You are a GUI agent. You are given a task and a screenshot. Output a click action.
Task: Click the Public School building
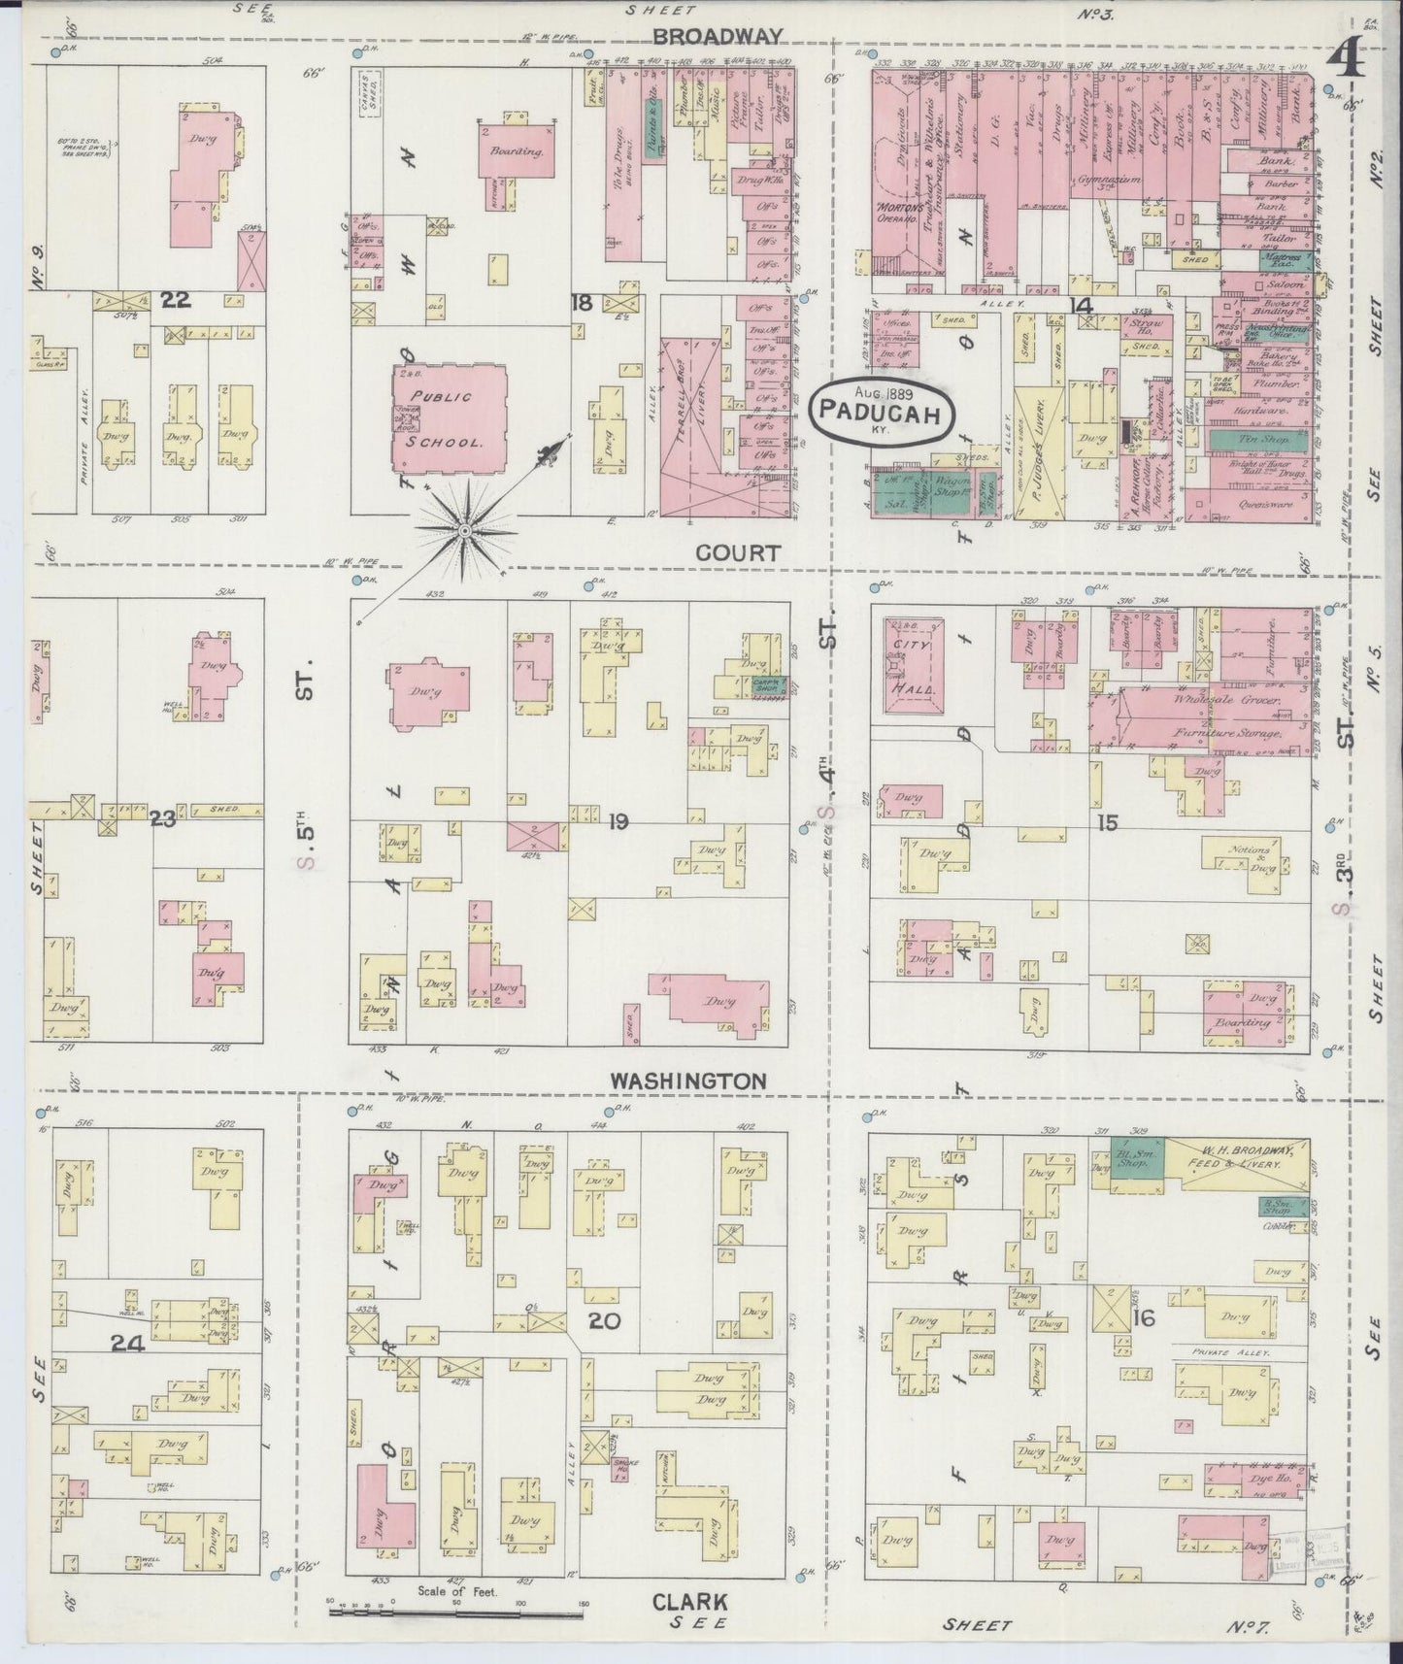click(x=448, y=419)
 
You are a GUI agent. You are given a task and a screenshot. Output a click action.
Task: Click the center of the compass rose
click(x=465, y=530)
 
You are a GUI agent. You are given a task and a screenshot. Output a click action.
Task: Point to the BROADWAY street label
click(x=716, y=37)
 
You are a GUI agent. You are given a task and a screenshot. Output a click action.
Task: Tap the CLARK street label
click(x=690, y=1601)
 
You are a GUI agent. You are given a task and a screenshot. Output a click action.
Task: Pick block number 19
click(x=618, y=822)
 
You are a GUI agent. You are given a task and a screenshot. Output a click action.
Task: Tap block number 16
click(x=1143, y=1317)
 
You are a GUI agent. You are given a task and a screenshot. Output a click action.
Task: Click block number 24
click(x=127, y=1345)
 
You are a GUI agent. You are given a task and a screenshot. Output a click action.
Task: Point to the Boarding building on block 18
click(x=517, y=151)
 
